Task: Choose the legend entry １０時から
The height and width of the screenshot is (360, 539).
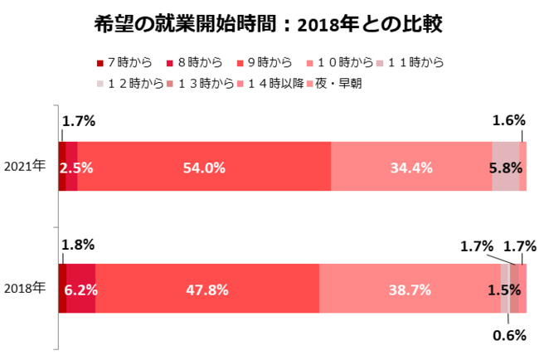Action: point(342,62)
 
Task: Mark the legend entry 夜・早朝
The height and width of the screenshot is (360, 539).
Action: point(336,84)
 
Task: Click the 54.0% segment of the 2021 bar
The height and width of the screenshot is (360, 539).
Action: point(204,167)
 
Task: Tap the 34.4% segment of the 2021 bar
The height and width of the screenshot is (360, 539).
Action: point(411,167)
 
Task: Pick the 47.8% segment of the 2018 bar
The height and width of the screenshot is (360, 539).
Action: point(207,289)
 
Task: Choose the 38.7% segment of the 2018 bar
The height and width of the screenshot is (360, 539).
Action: point(410,289)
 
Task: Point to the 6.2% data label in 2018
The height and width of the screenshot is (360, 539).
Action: point(80,290)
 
